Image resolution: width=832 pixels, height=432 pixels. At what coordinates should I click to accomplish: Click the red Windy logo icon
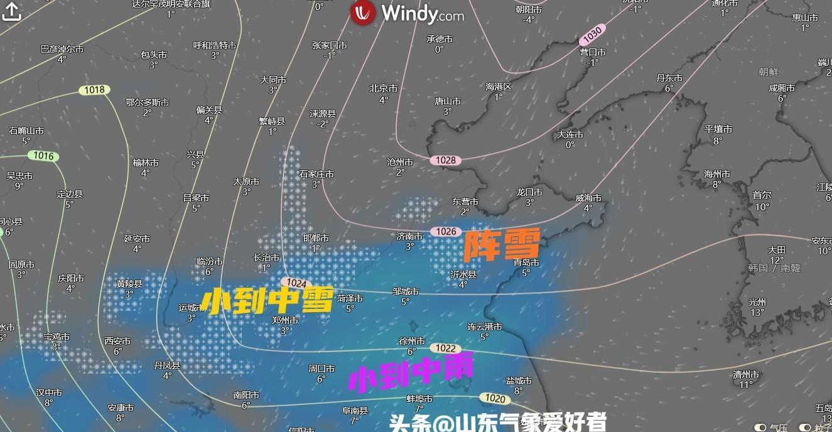pos(363,13)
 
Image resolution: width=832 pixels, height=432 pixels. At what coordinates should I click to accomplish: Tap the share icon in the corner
pos(12,11)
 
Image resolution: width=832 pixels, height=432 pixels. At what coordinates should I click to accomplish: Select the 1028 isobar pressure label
pos(445,160)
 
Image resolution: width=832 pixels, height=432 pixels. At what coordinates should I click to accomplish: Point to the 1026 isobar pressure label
pos(445,232)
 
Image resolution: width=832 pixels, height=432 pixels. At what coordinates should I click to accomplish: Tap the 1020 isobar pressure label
pos(495,398)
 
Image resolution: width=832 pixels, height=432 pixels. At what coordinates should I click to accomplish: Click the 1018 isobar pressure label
pos(94,90)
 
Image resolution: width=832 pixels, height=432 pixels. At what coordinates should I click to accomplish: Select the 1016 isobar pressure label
pos(44,156)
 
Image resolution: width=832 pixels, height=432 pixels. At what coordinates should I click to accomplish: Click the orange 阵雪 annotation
pos(501,246)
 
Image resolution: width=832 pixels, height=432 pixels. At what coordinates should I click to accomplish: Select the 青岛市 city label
pos(526,262)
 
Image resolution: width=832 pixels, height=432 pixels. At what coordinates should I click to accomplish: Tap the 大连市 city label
pos(570,134)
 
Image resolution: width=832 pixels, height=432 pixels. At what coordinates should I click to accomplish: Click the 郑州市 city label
pos(284,320)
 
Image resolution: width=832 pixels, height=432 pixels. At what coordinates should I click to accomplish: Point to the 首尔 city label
pos(762,195)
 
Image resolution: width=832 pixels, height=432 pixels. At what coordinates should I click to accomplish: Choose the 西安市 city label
pos(117,341)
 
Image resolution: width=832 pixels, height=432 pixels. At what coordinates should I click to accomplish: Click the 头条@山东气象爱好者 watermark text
pos(497,423)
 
